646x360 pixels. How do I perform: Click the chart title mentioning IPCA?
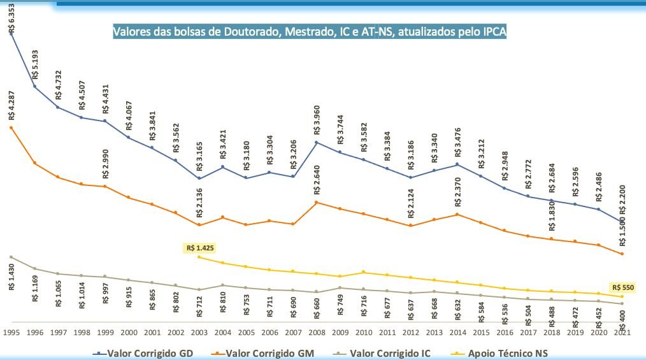pyautogui.click(x=310, y=32)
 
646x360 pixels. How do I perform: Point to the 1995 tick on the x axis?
pyautogui.click(x=11, y=333)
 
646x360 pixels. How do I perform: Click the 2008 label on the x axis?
pyautogui.click(x=317, y=333)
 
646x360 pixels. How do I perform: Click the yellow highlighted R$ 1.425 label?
pyautogui.click(x=199, y=247)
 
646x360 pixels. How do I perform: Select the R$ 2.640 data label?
pyautogui.click(x=317, y=182)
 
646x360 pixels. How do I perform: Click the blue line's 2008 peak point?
pyautogui.click(x=317, y=141)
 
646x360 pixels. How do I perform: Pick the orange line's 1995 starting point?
pyautogui.click(x=11, y=127)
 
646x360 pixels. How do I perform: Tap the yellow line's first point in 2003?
pyautogui.click(x=199, y=257)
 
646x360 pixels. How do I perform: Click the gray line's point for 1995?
pyautogui.click(x=11, y=257)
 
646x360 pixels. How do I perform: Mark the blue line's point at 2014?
pyautogui.click(x=457, y=164)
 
